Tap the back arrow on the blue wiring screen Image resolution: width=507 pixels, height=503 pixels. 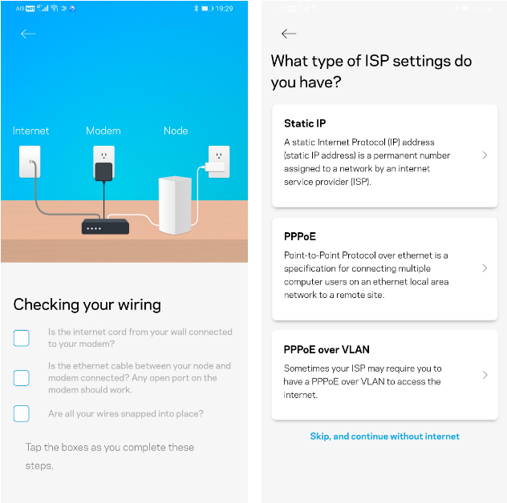(x=28, y=34)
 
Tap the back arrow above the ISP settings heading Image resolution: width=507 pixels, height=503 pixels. (x=289, y=34)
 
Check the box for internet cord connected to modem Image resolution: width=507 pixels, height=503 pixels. (x=22, y=338)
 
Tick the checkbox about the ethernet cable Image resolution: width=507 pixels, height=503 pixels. (x=22, y=378)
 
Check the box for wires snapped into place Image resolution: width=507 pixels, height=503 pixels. (x=22, y=413)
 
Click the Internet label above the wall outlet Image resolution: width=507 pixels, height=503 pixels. (x=30, y=131)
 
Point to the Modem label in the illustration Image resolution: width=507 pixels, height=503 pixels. (x=103, y=131)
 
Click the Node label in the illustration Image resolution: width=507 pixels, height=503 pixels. (x=176, y=131)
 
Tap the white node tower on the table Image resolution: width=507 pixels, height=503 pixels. (x=175, y=205)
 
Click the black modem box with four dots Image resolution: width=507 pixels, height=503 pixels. (x=105, y=227)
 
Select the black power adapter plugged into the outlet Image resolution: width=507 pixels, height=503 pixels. (x=103, y=171)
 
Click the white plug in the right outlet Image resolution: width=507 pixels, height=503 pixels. (x=214, y=167)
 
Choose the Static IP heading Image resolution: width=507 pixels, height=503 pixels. (x=305, y=123)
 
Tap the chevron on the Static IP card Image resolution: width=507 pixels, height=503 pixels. (x=485, y=155)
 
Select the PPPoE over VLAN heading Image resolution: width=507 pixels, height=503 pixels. (x=327, y=350)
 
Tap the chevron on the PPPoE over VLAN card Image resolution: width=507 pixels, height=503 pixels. (x=485, y=375)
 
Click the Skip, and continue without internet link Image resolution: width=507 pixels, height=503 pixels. (x=384, y=437)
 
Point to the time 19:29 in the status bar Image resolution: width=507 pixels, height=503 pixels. (x=224, y=9)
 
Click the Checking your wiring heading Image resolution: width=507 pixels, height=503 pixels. (x=87, y=305)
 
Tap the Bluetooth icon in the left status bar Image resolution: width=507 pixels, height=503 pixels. (x=196, y=8)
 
